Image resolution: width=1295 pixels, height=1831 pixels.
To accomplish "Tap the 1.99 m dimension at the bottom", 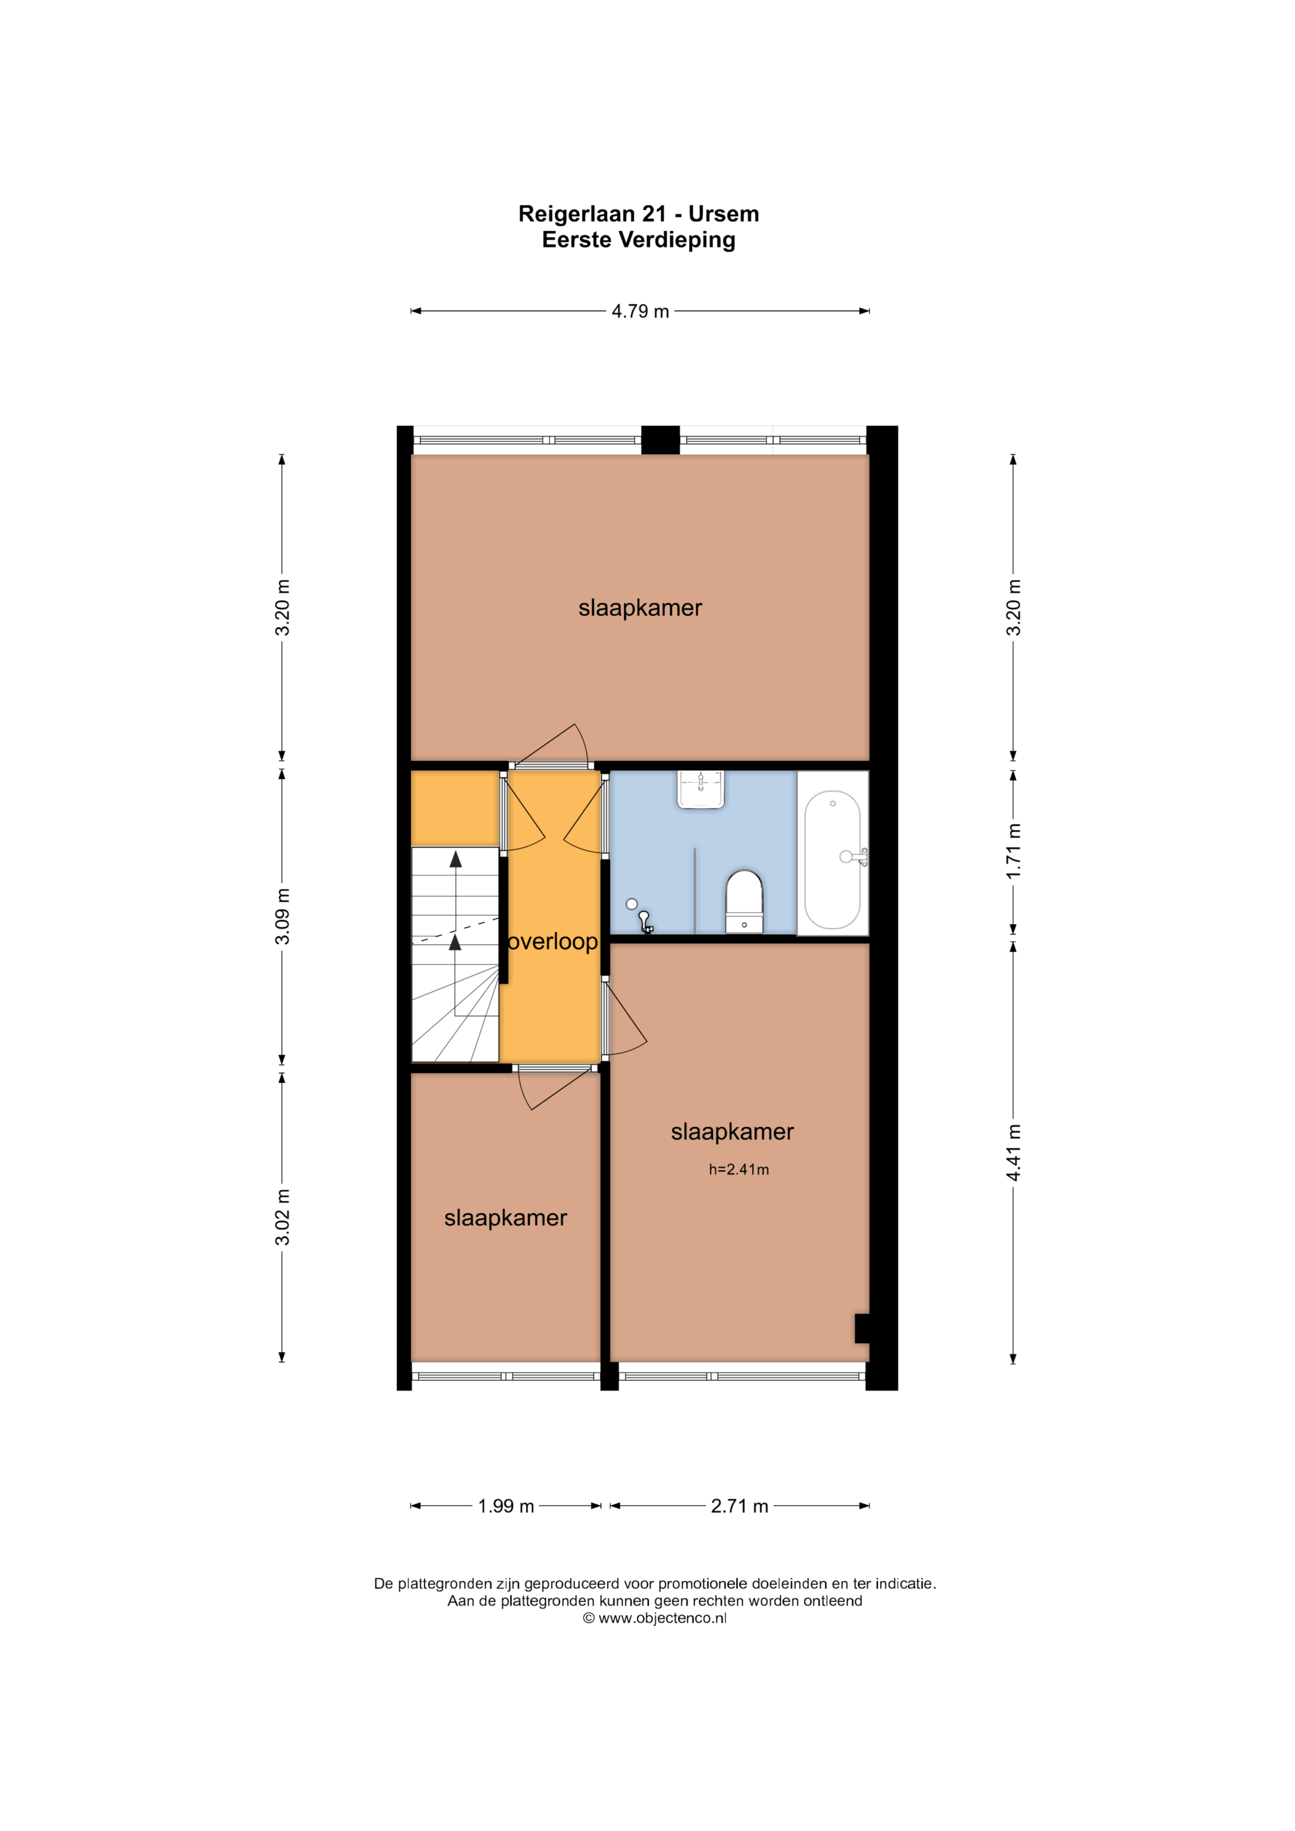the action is (x=506, y=1506).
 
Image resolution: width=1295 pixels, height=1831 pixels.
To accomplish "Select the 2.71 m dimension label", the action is (x=739, y=1506).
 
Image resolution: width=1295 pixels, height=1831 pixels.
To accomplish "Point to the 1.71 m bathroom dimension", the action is (x=1013, y=851).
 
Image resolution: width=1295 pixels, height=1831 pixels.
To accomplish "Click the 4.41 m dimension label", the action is (x=1013, y=1152).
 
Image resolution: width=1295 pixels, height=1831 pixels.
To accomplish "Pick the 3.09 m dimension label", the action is (x=282, y=916).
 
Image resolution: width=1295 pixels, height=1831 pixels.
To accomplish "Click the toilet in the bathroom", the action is (x=744, y=901).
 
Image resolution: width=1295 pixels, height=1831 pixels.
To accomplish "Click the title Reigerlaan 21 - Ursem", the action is (x=639, y=214).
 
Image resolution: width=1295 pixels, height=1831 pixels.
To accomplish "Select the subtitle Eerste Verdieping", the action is (x=639, y=239).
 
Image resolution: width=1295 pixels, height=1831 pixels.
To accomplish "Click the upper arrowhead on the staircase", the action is (x=455, y=859).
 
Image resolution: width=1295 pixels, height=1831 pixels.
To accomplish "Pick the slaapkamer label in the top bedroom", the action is (x=640, y=608).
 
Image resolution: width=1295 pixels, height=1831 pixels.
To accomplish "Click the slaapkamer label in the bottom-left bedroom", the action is (x=506, y=1218).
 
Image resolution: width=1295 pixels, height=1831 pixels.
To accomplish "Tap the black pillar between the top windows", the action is (x=660, y=440).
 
